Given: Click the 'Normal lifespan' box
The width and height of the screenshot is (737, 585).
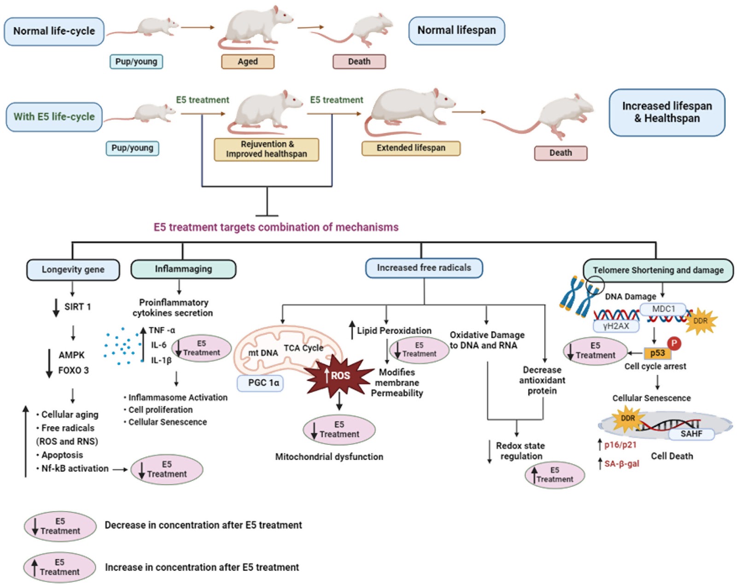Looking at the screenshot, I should tap(456, 31).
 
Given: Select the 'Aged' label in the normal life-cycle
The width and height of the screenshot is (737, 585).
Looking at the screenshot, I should tap(248, 62).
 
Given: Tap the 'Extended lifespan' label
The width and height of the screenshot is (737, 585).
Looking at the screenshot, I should tap(411, 148).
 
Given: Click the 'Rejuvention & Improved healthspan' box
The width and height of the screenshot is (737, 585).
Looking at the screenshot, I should tap(266, 149).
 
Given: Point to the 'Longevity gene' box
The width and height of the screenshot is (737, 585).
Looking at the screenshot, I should tap(73, 270).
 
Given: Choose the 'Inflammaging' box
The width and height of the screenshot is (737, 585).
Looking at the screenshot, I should tap(183, 269).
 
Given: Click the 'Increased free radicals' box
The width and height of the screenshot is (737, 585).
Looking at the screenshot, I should tap(424, 268).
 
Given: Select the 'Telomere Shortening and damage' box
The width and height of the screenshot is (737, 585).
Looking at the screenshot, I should tap(658, 270).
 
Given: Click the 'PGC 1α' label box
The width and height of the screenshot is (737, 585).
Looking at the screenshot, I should tap(260, 383).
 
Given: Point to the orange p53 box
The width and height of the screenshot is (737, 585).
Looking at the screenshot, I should tap(657, 353).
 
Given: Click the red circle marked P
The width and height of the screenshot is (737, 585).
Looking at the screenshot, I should tap(674, 343).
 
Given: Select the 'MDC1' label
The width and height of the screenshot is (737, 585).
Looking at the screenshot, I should tap(663, 309).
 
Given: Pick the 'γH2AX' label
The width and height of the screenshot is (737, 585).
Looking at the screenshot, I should tap(616, 326).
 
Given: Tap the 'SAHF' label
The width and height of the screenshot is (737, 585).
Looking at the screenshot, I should tap(691, 434).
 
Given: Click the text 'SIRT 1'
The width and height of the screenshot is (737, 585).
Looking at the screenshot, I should tap(77, 307).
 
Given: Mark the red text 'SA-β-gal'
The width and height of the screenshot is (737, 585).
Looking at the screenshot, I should tap(621, 464).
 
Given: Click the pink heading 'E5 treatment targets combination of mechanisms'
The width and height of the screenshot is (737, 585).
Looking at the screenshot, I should tap(276, 227).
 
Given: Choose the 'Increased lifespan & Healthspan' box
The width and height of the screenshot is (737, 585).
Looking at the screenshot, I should tap(667, 112).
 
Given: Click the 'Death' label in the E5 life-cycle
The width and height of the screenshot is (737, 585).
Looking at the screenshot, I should tap(561, 153).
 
